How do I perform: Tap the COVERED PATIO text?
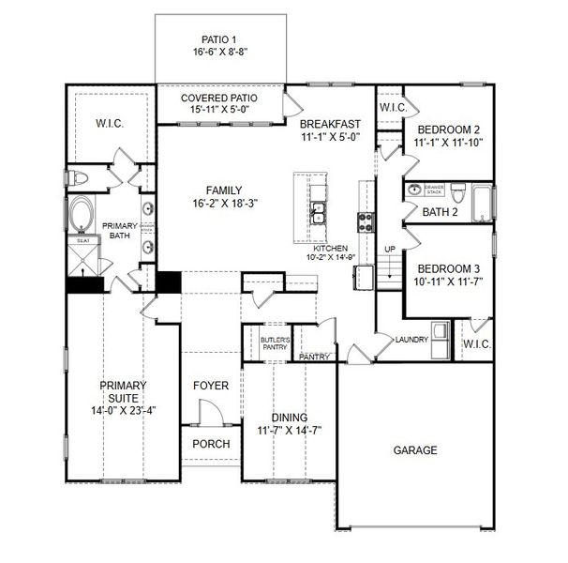click(218, 98)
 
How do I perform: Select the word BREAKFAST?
click(329, 123)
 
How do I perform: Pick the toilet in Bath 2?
click(458, 194)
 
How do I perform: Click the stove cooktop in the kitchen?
click(366, 221)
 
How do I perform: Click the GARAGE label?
click(414, 450)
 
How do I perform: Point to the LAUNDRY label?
click(411, 340)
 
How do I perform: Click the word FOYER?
click(211, 386)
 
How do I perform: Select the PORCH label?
click(211, 444)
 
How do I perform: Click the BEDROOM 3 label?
click(448, 266)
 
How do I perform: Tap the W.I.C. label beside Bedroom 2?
click(392, 108)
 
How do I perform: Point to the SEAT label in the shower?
click(81, 240)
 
